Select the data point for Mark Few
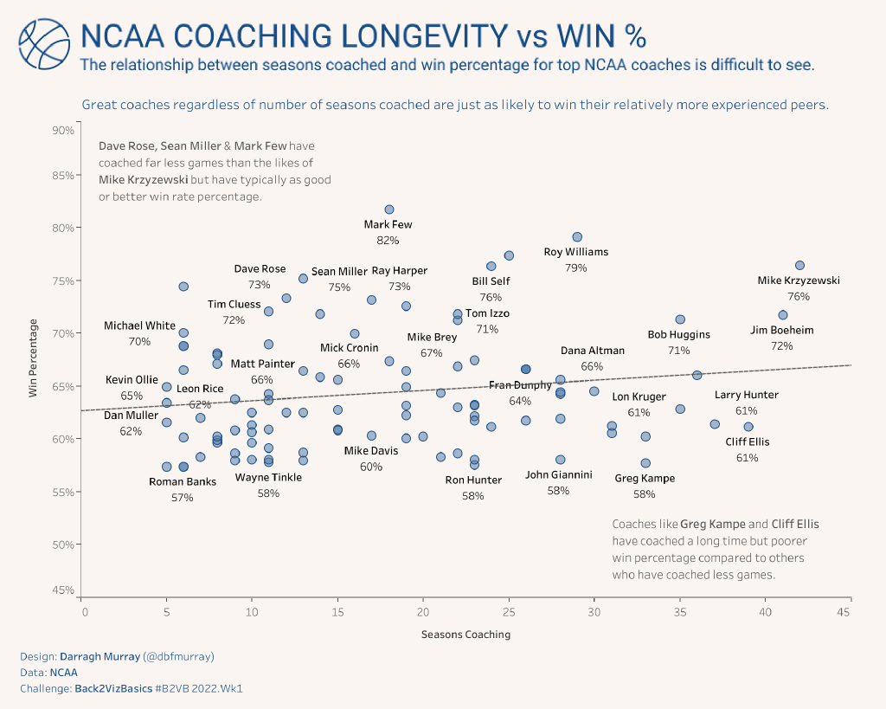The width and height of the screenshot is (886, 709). tap(389, 209)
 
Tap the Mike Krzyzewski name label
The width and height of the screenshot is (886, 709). tap(798, 280)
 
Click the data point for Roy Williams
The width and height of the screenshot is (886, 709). tap(577, 237)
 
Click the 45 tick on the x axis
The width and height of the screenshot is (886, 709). tap(851, 611)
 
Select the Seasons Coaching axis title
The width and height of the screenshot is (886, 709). tap(465, 635)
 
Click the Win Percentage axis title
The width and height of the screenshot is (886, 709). tap(34, 358)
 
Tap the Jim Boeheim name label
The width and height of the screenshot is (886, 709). tap(781, 330)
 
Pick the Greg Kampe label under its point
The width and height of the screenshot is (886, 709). tap(644, 478)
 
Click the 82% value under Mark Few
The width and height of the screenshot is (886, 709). tap(388, 240)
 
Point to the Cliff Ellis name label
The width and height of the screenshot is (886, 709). tap(747, 442)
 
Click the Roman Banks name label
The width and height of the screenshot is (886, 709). tap(183, 482)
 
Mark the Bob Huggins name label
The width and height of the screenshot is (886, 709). tap(678, 334)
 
